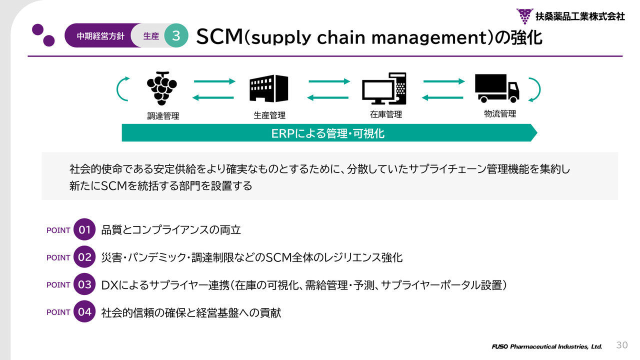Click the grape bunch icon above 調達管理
tap(161, 88)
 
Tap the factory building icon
tap(268, 88)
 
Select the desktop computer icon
tap(384, 88)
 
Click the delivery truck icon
tap(497, 88)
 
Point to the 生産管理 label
tap(269, 115)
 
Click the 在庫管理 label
tap(385, 114)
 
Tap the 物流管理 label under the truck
tap(500, 114)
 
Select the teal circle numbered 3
tap(176, 35)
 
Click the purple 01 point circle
tap(84, 229)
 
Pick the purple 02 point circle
tap(84, 257)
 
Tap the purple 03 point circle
tap(84, 284)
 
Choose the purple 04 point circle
tap(84, 311)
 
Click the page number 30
tap(621, 345)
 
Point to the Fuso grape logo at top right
tap(524, 16)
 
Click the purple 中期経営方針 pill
tap(100, 36)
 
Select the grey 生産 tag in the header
tap(151, 36)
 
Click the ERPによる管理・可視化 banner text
tap(327, 133)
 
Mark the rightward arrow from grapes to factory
tap(214, 81)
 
